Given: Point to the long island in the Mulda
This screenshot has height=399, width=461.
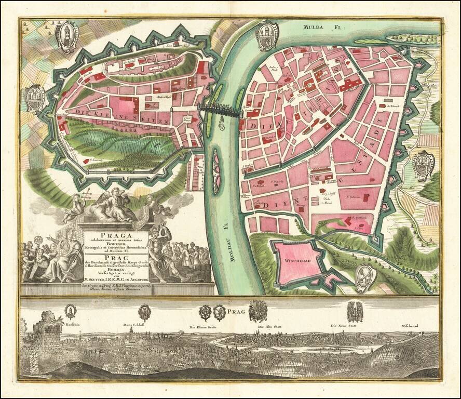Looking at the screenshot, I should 408,37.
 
